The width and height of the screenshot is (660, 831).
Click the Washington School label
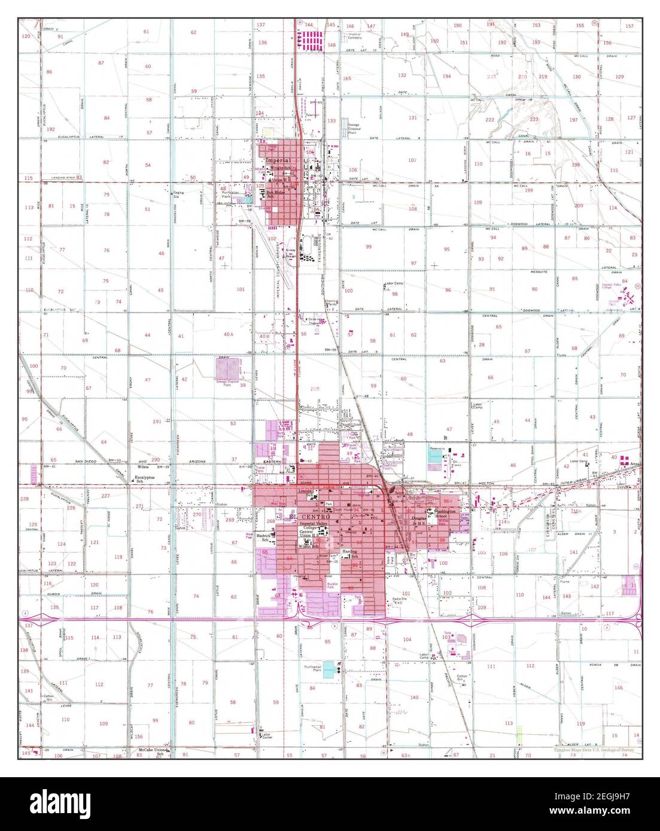tap(446, 514)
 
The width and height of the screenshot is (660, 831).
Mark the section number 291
tap(157, 421)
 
